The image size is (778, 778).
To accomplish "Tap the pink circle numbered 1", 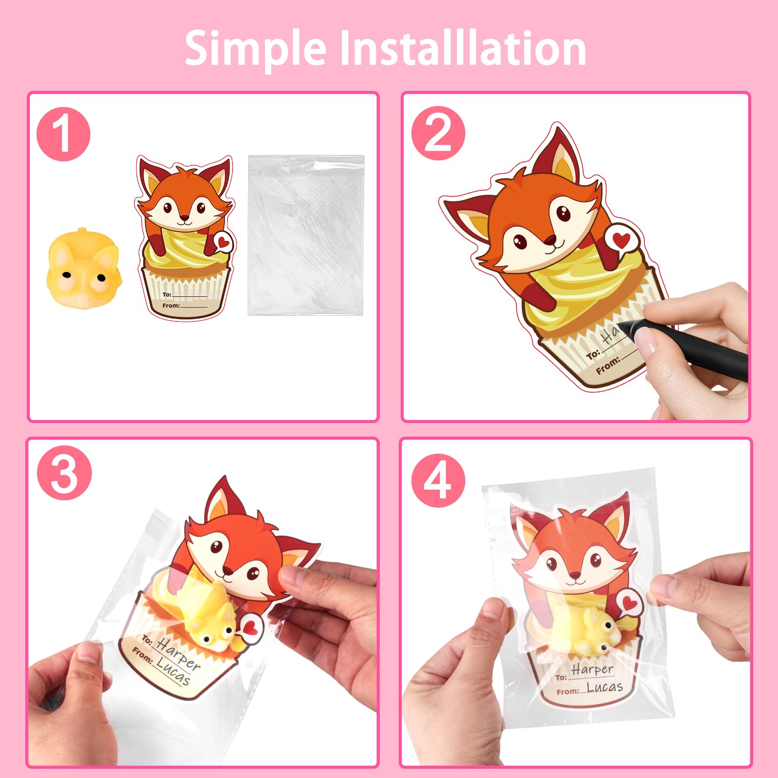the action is (x=64, y=134).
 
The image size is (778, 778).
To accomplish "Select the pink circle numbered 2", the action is (x=438, y=133).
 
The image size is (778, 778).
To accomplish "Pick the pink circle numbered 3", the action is (x=65, y=473).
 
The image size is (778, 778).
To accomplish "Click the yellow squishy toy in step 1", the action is (x=83, y=265).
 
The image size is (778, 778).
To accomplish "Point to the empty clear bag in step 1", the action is (x=306, y=235).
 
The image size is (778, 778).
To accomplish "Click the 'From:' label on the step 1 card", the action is (x=171, y=305).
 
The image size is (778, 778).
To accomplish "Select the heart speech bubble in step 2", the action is (x=620, y=239).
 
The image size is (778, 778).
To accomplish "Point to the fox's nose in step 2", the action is (x=549, y=240).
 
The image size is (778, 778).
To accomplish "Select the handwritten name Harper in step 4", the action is (x=592, y=670).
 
